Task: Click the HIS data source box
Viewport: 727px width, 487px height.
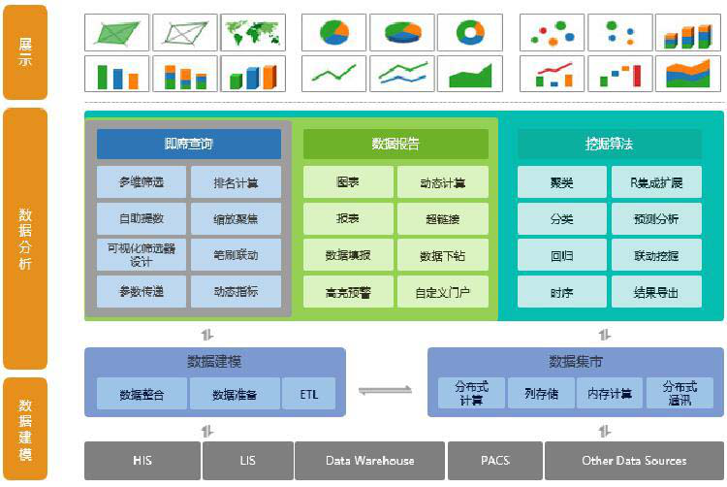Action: (142, 461)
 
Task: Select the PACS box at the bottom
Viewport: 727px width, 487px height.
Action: (493, 461)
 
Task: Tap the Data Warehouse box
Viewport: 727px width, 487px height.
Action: (369, 461)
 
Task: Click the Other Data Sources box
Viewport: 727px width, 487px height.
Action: (634, 461)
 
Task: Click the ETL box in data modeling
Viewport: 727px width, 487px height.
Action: (308, 394)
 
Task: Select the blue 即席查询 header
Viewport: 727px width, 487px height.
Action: (189, 145)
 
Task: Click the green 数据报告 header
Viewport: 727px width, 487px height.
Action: (395, 145)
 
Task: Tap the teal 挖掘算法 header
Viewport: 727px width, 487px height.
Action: (609, 145)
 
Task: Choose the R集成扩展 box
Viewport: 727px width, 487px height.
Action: (656, 182)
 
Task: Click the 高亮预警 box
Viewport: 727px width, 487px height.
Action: (348, 291)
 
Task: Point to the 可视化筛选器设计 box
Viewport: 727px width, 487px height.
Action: (142, 255)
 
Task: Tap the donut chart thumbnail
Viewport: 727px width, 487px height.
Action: (470, 32)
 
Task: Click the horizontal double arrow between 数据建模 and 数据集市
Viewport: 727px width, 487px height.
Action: (386, 391)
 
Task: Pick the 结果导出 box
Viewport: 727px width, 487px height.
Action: (656, 291)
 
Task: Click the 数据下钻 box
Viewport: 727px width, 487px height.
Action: (442, 255)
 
